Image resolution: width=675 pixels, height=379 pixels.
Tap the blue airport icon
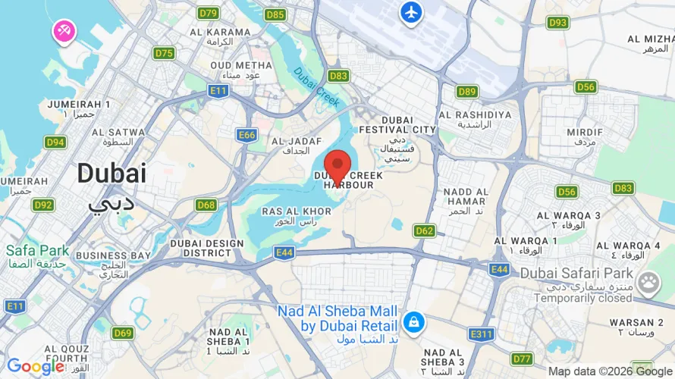(x=411, y=13)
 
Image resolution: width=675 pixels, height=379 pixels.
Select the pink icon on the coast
(x=62, y=31)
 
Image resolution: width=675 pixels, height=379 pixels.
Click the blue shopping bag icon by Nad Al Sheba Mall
(x=414, y=321)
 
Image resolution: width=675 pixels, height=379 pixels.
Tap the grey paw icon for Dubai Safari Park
(x=648, y=283)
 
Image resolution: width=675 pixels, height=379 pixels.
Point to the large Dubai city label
(x=111, y=174)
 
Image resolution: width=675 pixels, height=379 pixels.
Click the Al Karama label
(x=220, y=36)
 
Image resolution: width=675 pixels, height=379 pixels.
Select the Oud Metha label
(x=240, y=70)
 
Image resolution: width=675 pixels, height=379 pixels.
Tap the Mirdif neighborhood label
(x=585, y=136)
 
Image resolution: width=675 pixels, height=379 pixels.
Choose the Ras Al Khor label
(x=296, y=216)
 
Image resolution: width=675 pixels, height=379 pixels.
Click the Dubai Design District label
(x=206, y=248)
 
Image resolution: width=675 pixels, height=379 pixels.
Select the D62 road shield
(x=425, y=230)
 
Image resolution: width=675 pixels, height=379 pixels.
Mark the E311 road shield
(x=481, y=334)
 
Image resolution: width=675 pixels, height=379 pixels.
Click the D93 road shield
(x=557, y=23)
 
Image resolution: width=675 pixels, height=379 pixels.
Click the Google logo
(x=36, y=367)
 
